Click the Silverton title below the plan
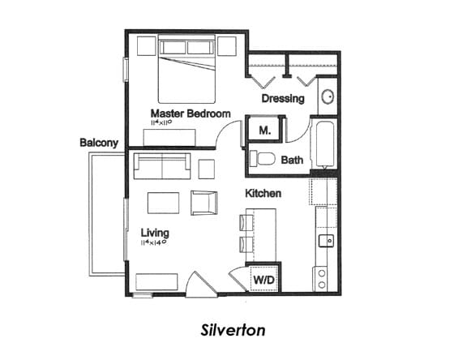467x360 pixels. tap(232, 331)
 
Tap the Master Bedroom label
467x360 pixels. tap(191, 114)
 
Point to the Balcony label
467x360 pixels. tap(99, 144)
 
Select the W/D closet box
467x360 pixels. tap(263, 280)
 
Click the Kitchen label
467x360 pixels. tap(263, 195)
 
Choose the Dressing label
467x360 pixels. tap(283, 99)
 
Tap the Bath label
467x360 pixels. tap(292, 160)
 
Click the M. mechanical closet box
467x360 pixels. tap(264, 131)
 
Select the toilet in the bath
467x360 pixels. tap(261, 159)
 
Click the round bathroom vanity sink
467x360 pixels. tap(328, 98)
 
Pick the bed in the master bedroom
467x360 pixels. tap(186, 69)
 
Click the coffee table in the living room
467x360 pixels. tap(163, 202)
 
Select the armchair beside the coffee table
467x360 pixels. tap(203, 202)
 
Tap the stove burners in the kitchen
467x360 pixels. tap(322, 279)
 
